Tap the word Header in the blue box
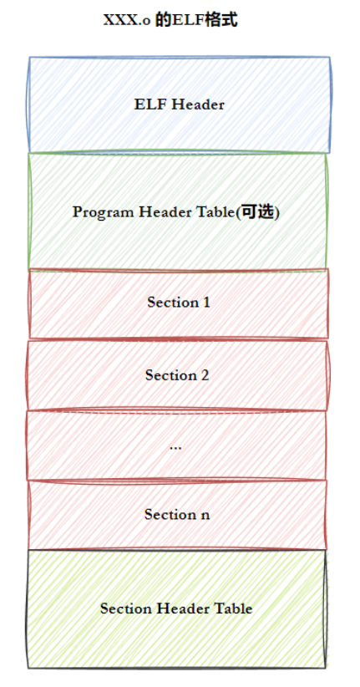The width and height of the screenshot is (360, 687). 199,104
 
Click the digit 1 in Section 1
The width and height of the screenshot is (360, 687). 206,303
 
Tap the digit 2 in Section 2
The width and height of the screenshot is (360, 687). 204,375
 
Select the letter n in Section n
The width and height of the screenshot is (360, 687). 205,516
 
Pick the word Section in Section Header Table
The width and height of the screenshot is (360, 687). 127,608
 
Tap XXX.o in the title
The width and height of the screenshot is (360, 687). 128,21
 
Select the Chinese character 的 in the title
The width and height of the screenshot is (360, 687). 164,20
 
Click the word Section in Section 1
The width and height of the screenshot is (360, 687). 173,303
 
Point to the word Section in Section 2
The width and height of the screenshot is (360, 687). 170,375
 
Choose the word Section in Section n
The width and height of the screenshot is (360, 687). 170,514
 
